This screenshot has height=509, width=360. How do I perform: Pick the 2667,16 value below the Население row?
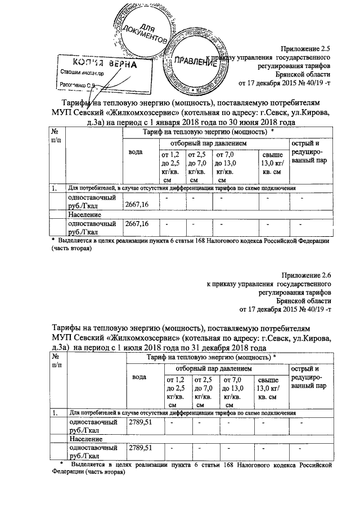click(x=137, y=224)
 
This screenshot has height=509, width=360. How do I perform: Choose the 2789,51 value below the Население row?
click(x=141, y=448)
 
